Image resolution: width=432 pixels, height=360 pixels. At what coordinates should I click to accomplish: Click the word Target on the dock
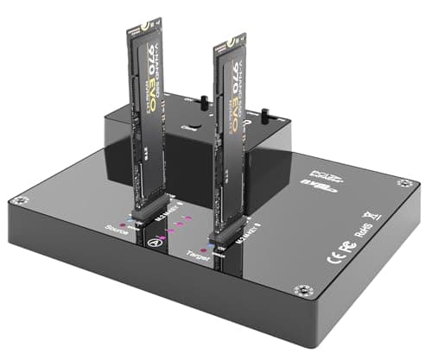point(198,255)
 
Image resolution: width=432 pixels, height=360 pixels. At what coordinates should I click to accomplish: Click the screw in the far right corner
point(403,183)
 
